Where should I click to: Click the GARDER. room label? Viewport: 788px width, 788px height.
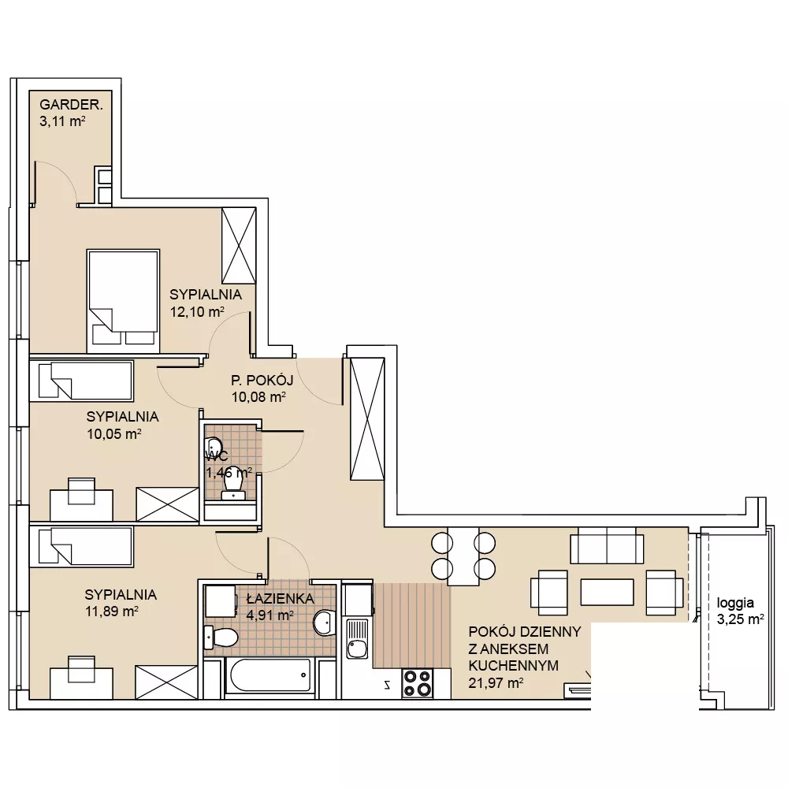[71, 105]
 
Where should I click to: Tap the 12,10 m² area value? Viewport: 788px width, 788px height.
[197, 311]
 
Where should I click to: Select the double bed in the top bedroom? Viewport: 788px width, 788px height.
[123, 301]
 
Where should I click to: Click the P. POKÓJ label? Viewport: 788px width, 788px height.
[262, 380]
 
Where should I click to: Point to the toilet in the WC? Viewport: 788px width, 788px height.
[233, 485]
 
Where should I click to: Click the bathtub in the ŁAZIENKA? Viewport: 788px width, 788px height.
[269, 675]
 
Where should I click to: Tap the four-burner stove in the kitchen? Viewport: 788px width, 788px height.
[417, 683]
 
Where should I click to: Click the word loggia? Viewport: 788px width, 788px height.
[735, 603]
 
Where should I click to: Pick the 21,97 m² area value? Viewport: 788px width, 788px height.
[496, 683]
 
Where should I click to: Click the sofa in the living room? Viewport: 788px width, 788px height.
[607, 545]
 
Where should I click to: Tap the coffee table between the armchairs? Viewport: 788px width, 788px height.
[607, 592]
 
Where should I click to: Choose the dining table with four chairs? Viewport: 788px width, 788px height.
[463, 556]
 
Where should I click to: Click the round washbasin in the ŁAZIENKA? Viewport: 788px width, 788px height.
[325, 623]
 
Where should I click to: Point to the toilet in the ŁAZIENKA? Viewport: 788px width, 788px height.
[221, 638]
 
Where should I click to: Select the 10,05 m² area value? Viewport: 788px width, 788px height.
[114, 433]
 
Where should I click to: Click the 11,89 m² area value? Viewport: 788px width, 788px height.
[112, 611]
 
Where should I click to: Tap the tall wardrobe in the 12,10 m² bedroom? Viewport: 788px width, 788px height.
[239, 246]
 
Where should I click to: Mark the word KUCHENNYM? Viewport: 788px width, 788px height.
[513, 665]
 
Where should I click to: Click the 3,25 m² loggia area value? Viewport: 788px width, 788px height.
[740, 619]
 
